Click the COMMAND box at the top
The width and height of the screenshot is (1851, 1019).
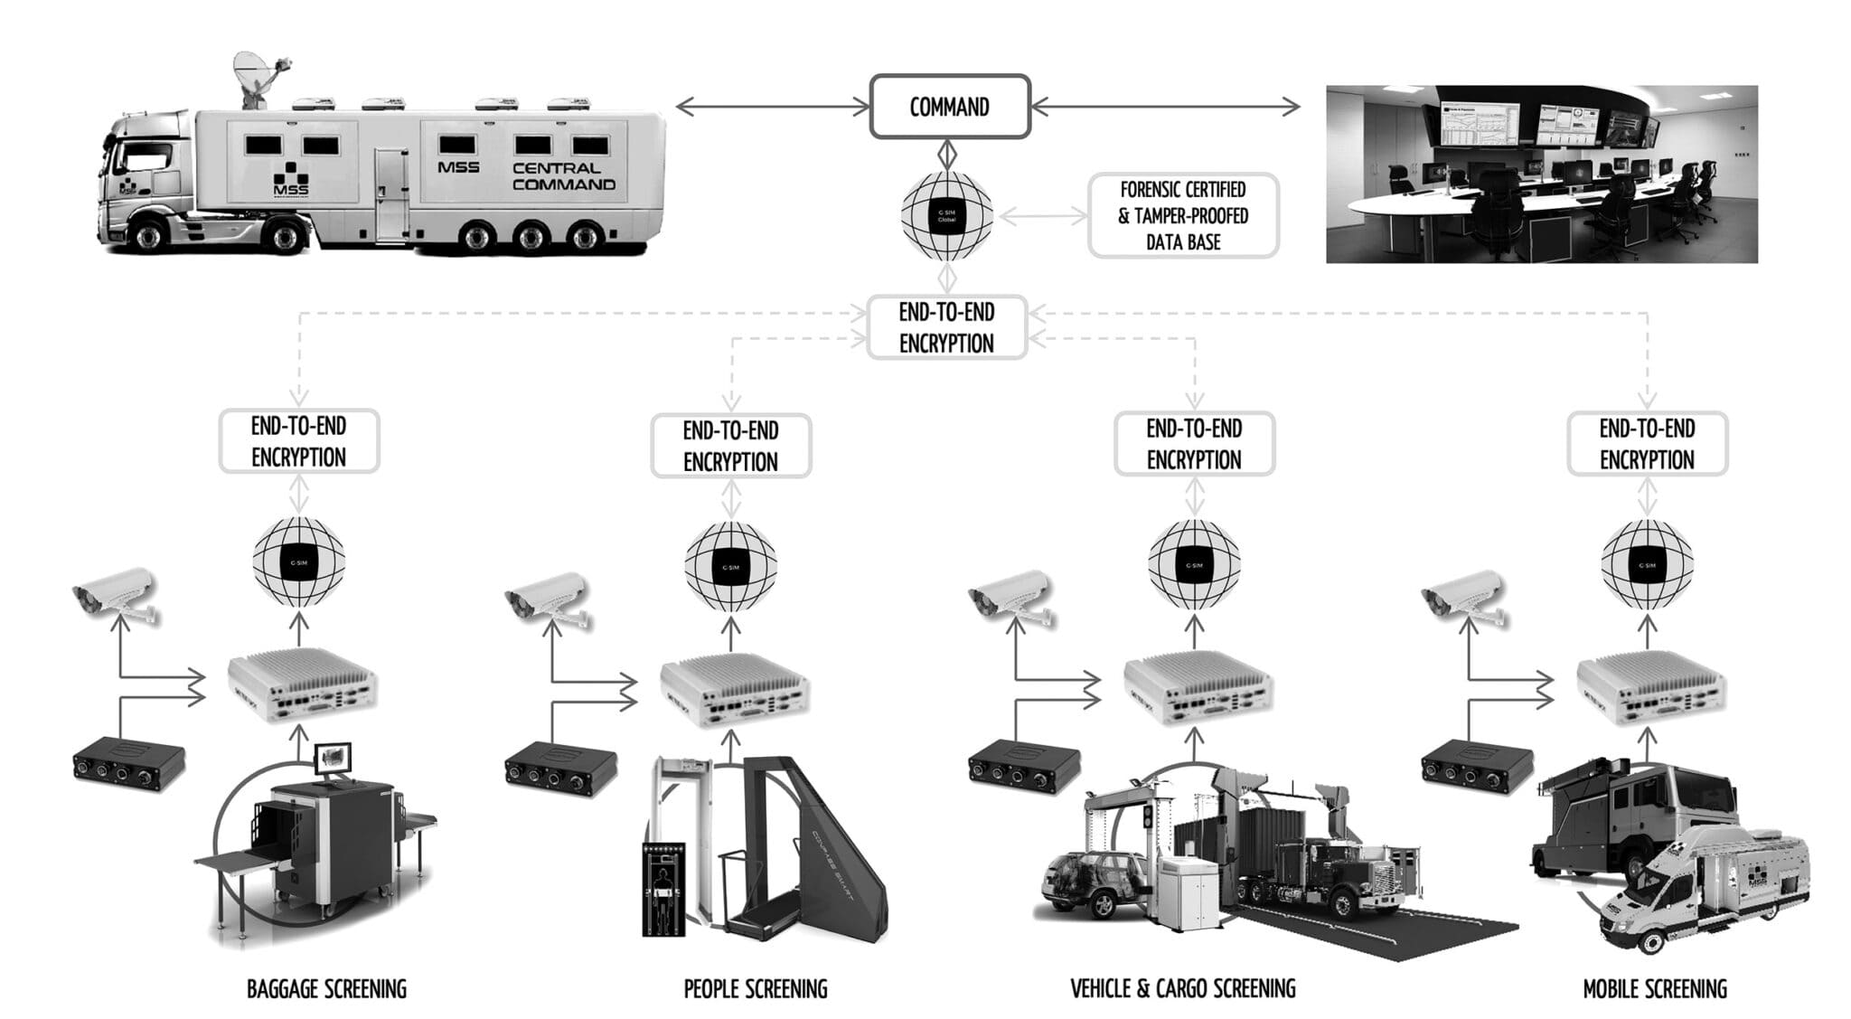(x=949, y=107)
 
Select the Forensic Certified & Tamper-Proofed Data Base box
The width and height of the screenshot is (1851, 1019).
(x=1183, y=216)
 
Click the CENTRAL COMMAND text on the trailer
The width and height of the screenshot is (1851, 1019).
(x=563, y=176)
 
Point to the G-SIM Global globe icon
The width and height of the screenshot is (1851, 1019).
(x=946, y=216)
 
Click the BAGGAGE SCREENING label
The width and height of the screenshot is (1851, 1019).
(x=326, y=989)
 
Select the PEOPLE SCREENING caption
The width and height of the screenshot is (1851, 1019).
(x=755, y=989)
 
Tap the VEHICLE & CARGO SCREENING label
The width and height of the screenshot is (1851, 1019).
(x=1182, y=989)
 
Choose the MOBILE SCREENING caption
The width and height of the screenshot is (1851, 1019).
(x=1654, y=989)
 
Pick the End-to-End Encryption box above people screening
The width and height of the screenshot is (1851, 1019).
(x=730, y=446)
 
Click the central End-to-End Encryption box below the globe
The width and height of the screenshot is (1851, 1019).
(x=946, y=327)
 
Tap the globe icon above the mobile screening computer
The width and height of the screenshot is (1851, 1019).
(x=1647, y=564)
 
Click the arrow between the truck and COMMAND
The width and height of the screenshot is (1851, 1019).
(x=773, y=107)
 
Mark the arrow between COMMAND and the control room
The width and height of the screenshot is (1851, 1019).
(x=1166, y=107)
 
